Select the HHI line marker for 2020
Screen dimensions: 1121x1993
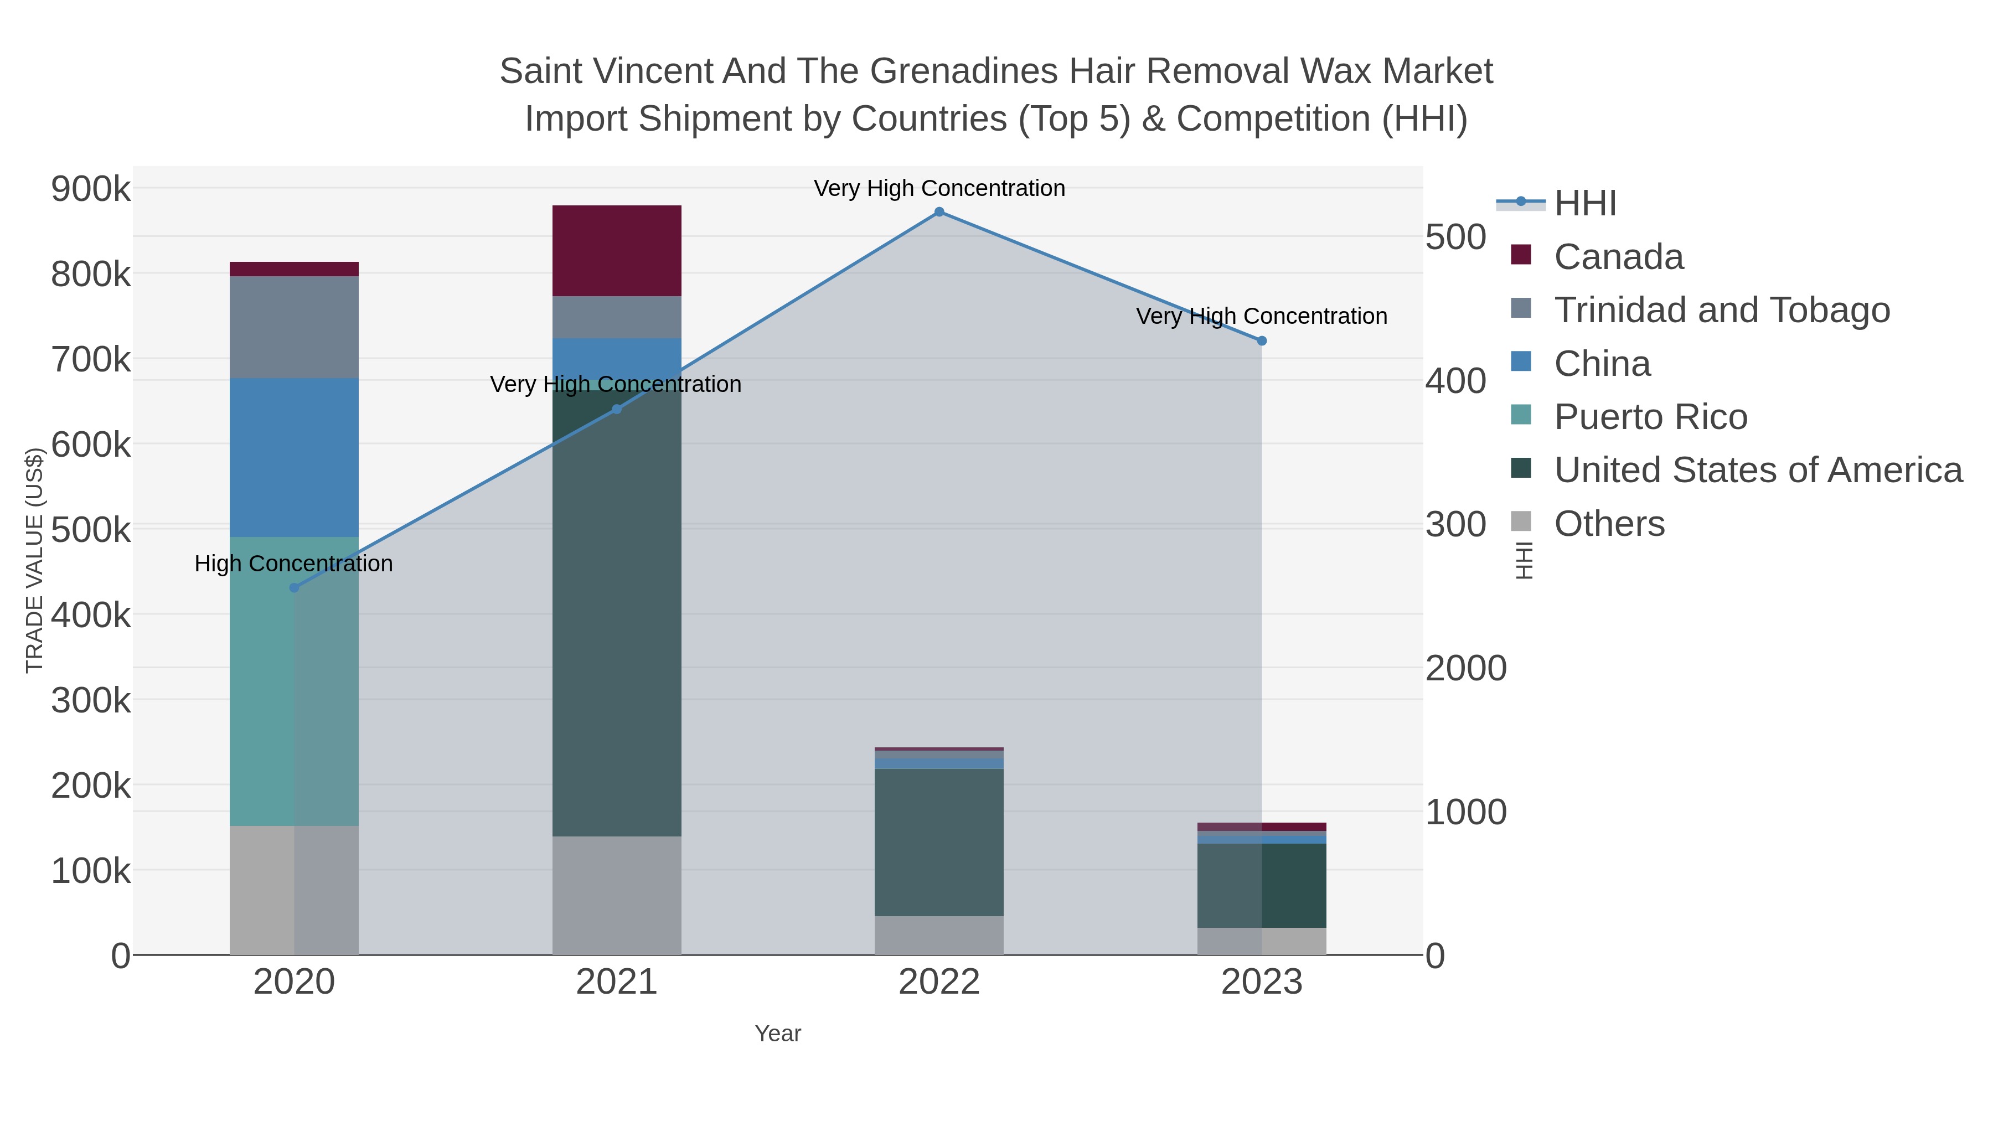pyautogui.click(x=294, y=588)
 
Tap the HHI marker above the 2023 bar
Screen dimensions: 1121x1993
pyautogui.click(x=1261, y=340)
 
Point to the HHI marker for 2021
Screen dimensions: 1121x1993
pyautogui.click(x=617, y=409)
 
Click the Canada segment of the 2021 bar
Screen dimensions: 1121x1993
pyautogui.click(x=617, y=251)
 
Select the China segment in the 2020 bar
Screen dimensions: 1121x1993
pyautogui.click(x=294, y=457)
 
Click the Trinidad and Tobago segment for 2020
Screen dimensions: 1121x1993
pyautogui.click(x=294, y=327)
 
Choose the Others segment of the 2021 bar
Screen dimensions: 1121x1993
pyautogui.click(x=617, y=895)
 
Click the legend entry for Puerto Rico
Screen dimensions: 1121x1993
pyautogui.click(x=1650, y=417)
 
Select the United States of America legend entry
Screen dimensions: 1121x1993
pyautogui.click(x=1757, y=471)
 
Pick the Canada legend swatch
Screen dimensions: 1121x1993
pyautogui.click(x=1520, y=255)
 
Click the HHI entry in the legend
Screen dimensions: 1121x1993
pyautogui.click(x=1584, y=204)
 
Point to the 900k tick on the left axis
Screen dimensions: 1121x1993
pyautogui.click(x=91, y=189)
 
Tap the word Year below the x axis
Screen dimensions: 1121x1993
pyautogui.click(x=778, y=1034)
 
